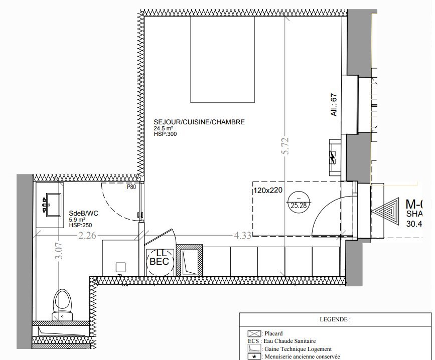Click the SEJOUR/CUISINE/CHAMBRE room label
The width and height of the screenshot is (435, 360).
point(199,122)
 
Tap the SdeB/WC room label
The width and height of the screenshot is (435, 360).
point(83,213)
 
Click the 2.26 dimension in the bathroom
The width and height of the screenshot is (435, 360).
point(87,234)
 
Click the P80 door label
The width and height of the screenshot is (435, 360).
point(131,187)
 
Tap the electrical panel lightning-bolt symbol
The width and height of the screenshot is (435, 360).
point(333,157)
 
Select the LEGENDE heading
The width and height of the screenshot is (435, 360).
point(335,319)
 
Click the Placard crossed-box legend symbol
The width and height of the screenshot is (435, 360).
point(254,333)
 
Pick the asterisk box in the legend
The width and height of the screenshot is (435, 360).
point(254,356)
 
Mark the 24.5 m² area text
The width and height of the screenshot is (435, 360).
point(164,128)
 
